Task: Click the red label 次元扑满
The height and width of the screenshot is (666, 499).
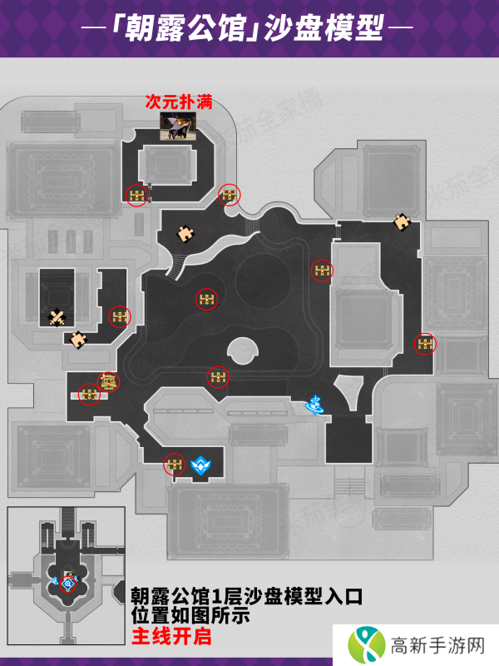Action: tap(177, 102)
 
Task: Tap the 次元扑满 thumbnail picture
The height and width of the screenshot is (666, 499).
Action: tap(177, 127)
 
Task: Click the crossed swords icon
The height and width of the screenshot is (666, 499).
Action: tap(57, 316)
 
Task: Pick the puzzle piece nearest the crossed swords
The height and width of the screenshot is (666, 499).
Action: tap(78, 339)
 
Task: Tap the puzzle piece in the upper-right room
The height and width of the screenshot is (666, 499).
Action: tap(403, 221)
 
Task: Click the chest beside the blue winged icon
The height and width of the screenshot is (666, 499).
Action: tap(174, 464)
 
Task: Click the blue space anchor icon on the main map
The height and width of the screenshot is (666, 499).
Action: tap(314, 405)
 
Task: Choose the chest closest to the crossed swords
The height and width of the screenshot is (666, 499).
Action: tap(121, 316)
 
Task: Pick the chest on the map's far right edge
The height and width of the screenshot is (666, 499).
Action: tap(425, 344)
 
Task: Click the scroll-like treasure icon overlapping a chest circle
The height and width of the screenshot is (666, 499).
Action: tap(108, 381)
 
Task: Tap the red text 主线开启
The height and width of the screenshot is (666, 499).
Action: tap(172, 638)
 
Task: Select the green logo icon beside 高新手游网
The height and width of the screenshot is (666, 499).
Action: tap(363, 644)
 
